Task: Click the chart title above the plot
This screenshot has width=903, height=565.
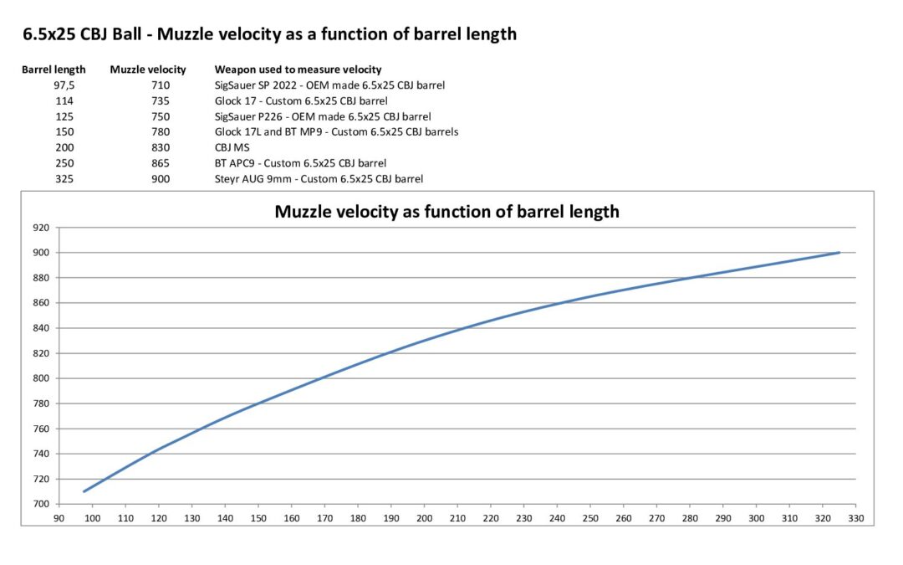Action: click(x=446, y=212)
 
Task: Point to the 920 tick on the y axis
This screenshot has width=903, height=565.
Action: click(x=40, y=228)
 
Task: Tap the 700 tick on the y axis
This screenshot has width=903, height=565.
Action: click(x=40, y=504)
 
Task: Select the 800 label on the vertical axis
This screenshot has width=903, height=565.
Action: click(x=40, y=378)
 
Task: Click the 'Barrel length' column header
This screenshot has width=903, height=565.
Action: click(x=54, y=69)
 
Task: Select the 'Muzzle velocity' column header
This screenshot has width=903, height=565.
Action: click(x=148, y=69)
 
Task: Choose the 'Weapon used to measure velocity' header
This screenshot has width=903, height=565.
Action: click(x=298, y=69)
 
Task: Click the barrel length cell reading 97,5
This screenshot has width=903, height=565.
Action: click(x=64, y=85)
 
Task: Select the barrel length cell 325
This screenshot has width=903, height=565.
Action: click(x=64, y=179)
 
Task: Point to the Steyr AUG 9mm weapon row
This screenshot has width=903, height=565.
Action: click(x=319, y=179)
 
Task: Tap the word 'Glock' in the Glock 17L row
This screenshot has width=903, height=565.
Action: click(x=229, y=132)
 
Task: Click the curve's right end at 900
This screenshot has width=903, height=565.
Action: click(x=839, y=253)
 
